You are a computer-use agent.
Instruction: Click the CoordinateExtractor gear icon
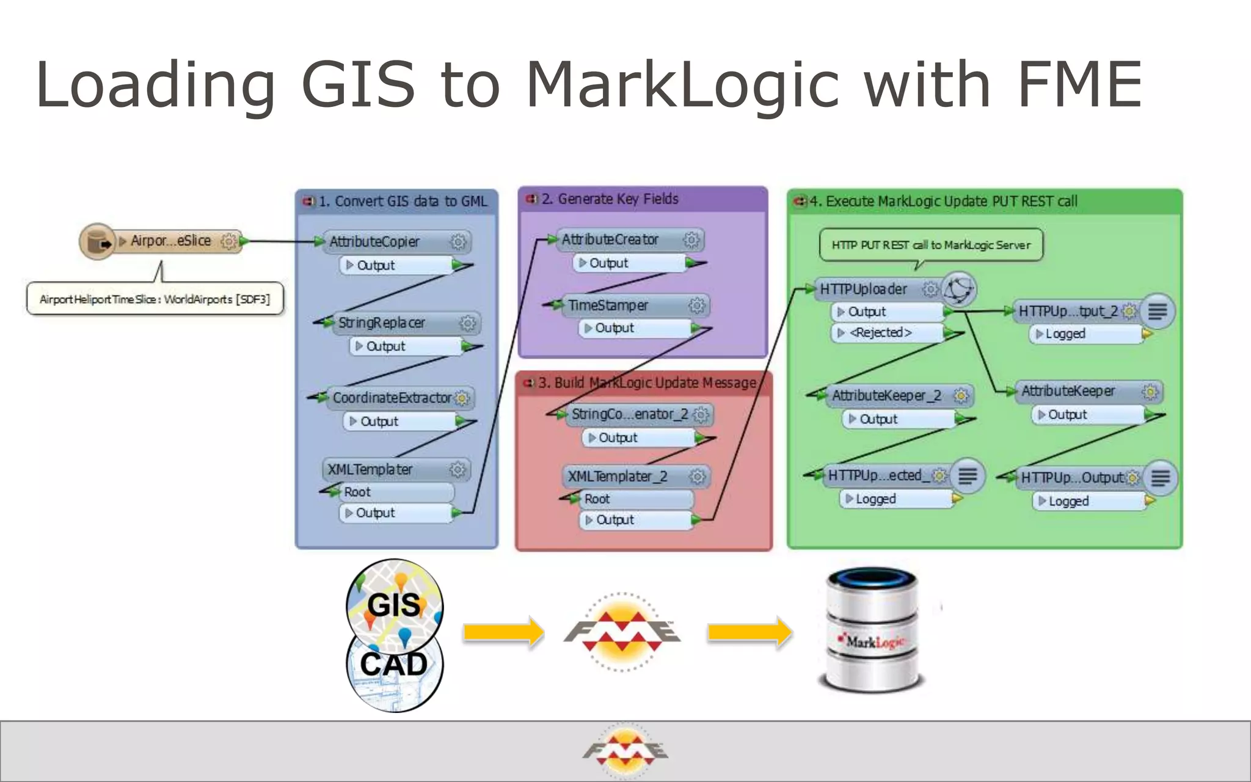pyautogui.click(x=462, y=398)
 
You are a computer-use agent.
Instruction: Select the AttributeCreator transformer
pyautogui.click(x=617, y=239)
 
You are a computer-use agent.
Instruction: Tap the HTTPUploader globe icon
pyautogui.click(x=958, y=289)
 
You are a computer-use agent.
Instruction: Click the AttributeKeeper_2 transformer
pyautogui.click(x=889, y=396)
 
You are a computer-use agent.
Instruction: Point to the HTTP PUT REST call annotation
pyautogui.click(x=930, y=245)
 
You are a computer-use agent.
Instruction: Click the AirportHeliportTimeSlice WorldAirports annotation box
pyautogui.click(x=155, y=299)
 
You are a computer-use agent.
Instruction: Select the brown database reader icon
pyautogui.click(x=97, y=241)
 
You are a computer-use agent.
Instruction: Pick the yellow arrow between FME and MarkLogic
pyautogui.click(x=750, y=632)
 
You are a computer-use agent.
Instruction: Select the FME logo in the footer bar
pyautogui.click(x=625, y=751)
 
